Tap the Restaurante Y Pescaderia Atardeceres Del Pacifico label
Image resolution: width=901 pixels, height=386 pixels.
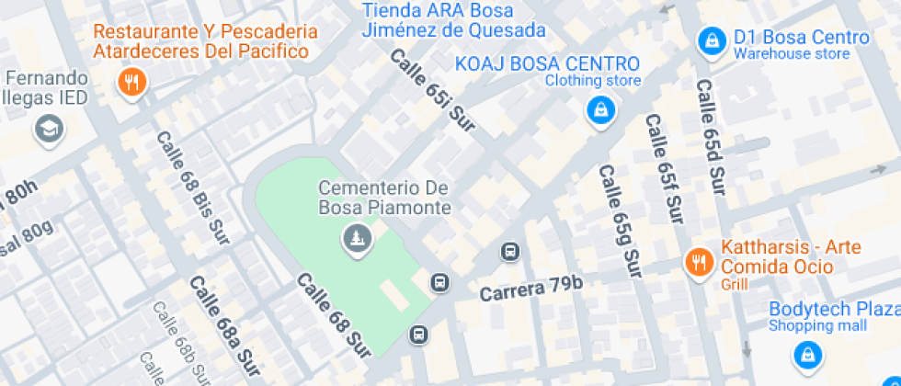click(x=205, y=41)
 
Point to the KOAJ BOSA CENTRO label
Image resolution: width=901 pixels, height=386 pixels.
click(x=547, y=63)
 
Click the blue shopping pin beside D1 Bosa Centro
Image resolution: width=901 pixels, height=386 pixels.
click(x=711, y=40)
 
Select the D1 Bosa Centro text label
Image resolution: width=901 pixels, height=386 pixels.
click(x=800, y=38)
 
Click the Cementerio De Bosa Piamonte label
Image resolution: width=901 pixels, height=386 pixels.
click(x=384, y=198)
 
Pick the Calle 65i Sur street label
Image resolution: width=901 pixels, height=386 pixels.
click(x=432, y=90)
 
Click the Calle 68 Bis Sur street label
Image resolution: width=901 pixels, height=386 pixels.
click(x=192, y=187)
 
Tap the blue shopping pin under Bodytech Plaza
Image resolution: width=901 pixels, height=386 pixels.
click(x=806, y=354)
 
